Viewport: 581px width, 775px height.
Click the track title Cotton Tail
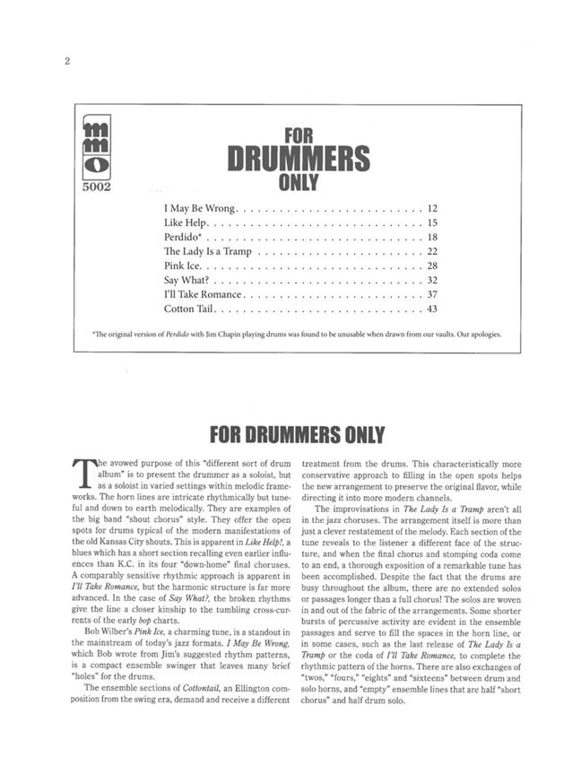coord(188,309)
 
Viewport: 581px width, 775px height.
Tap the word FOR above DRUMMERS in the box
coord(297,136)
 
